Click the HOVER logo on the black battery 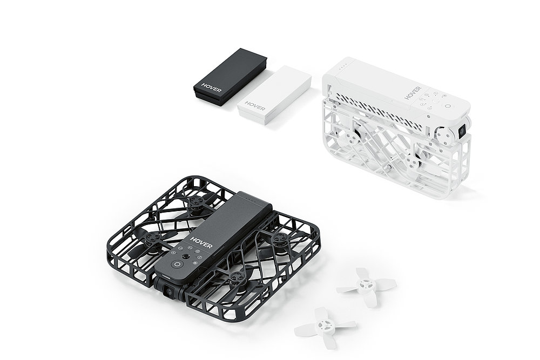pos(211,88)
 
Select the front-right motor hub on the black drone pos(235,278)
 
